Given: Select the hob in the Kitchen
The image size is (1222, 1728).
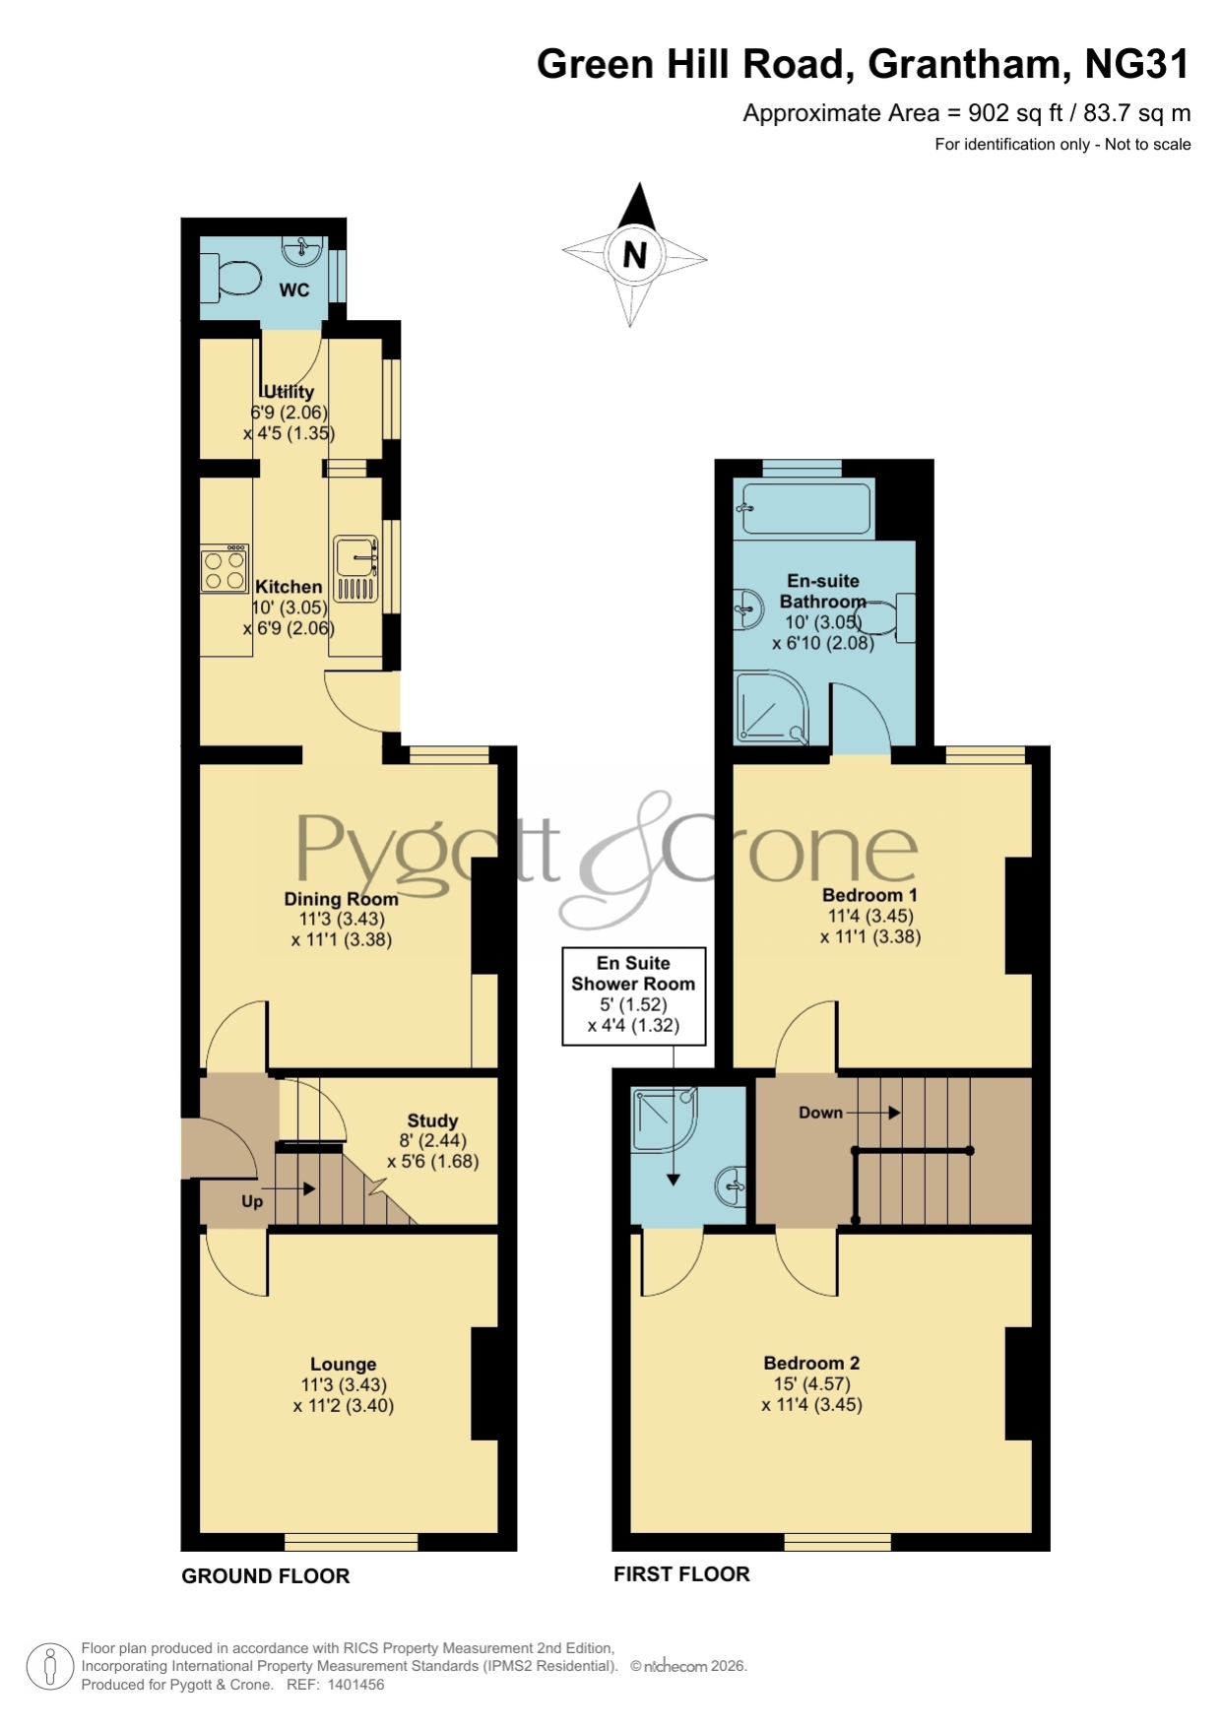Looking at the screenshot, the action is [x=225, y=569].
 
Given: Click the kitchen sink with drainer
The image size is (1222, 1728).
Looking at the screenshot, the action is [x=355, y=569].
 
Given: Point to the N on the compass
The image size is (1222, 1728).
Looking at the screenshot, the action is [x=635, y=255].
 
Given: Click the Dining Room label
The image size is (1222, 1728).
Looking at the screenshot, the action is [x=341, y=898].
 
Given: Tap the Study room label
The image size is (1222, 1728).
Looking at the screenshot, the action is [x=432, y=1120].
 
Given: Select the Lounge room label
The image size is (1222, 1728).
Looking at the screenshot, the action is [x=343, y=1364].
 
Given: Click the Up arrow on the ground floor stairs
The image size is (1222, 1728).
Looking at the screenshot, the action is [x=289, y=1188].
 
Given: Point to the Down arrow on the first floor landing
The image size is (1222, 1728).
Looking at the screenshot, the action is [x=873, y=1113].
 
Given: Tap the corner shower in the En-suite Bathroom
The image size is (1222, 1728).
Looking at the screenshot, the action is [x=772, y=708].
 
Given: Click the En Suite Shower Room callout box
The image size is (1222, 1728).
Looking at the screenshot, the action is [x=634, y=995].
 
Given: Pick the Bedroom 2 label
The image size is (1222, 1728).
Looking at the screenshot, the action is [x=811, y=1363].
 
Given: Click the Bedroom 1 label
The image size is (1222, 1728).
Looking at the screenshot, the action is [x=869, y=895].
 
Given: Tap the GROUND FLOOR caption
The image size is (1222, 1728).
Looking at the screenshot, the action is [x=266, y=1576].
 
